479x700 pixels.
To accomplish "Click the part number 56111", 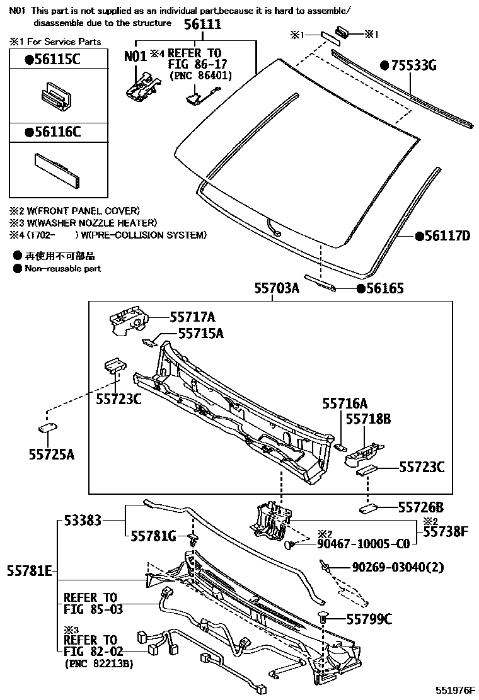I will [x=202, y=24].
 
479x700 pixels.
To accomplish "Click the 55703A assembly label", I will [x=276, y=288].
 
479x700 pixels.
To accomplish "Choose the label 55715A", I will [x=200, y=334].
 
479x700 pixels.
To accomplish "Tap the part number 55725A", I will [x=51, y=453].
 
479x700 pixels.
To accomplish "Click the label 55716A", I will [x=345, y=404].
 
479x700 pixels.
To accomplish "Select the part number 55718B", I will [x=366, y=419].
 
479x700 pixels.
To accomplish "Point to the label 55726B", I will [x=421, y=507].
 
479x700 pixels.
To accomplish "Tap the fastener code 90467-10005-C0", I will [x=364, y=543].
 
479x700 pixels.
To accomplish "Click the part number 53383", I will [x=83, y=521].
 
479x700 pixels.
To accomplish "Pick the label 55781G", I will [x=153, y=536].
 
